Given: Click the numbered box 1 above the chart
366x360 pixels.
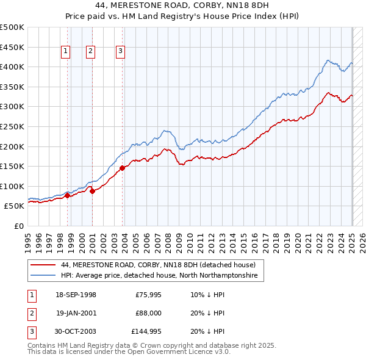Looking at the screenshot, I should (65, 51).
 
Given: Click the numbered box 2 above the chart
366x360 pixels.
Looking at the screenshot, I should (90, 51).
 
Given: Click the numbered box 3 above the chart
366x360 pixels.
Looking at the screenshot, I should (120, 51).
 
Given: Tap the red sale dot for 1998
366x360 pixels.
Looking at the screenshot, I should (67, 195).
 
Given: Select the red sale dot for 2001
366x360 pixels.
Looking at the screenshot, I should (92, 191).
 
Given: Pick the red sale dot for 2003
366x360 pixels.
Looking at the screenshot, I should (123, 168).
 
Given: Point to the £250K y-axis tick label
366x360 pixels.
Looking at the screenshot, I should (12, 126).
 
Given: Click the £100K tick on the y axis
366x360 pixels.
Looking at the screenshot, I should (12, 186).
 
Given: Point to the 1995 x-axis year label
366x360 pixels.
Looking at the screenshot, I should (29, 241).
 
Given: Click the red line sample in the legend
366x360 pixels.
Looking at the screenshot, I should (43, 265).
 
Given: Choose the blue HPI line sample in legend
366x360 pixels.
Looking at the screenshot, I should (43, 276).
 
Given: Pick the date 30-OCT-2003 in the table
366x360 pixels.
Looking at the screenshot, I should (76, 331).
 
